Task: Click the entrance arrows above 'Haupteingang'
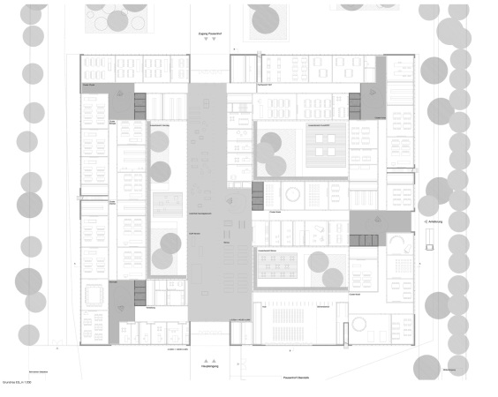[209, 361]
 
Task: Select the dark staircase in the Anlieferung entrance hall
[361, 241]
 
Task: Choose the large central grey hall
[208, 203]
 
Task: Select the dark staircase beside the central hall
[258, 196]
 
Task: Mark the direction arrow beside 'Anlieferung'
[424, 221]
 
